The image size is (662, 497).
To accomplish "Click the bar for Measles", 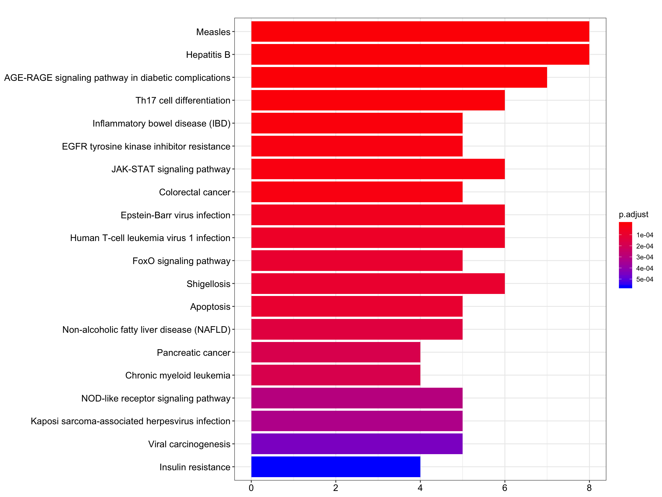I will (x=420, y=31).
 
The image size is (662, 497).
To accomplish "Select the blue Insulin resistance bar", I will (x=336, y=467).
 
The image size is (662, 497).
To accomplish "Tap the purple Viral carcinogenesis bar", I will (x=357, y=444).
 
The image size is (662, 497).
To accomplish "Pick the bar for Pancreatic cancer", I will (x=336, y=352).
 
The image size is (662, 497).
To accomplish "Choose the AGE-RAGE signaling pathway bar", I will (x=399, y=77).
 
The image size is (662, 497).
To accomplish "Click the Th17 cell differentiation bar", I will (x=378, y=100).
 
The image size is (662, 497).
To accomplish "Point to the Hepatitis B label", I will (x=208, y=55).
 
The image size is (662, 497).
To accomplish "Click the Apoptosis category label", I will (x=210, y=307).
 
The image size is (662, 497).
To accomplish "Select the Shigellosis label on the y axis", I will (x=208, y=284).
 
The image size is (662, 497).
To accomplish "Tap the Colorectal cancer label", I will (x=195, y=192).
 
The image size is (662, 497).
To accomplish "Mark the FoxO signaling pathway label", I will (x=181, y=261).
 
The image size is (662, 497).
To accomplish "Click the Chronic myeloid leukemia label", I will (x=178, y=375).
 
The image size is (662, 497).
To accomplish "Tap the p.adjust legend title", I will (x=633, y=215).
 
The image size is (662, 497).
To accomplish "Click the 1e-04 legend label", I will (x=644, y=235).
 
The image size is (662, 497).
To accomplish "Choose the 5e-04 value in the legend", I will (x=644, y=280).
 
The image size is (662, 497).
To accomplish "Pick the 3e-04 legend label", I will (x=644, y=257).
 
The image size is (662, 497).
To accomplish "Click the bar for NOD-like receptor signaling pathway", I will (x=357, y=398).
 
